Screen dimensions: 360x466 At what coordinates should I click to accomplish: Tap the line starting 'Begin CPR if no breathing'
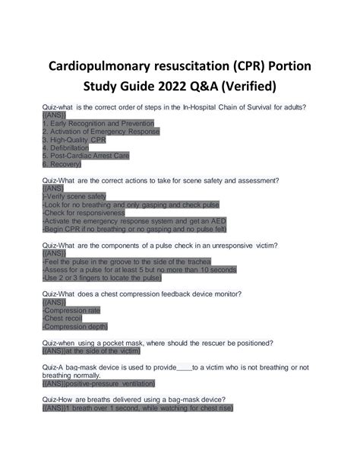point(134,230)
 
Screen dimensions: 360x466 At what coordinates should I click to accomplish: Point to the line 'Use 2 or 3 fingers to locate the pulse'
point(102,278)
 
